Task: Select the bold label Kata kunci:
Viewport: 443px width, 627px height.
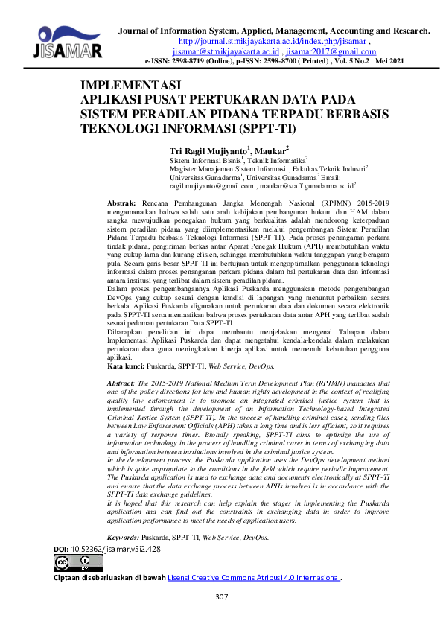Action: tap(127, 366)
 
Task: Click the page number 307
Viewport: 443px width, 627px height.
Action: tap(221, 597)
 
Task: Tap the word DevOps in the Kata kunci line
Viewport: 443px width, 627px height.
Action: tap(260, 366)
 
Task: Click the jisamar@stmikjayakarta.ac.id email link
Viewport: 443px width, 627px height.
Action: tap(225, 52)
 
